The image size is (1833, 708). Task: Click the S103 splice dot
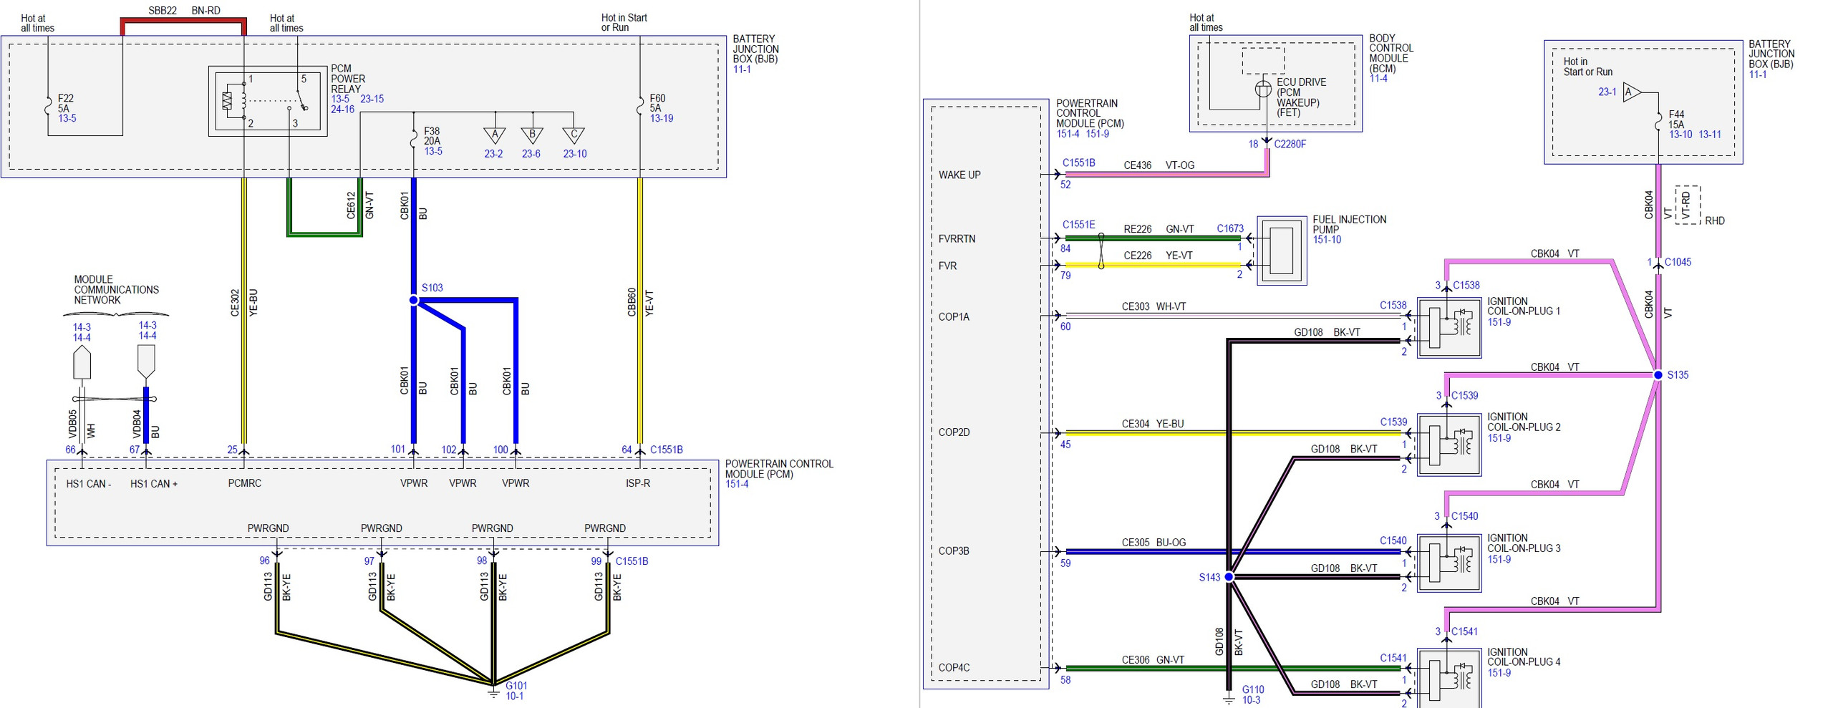(x=413, y=300)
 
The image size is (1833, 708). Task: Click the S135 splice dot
(x=1658, y=374)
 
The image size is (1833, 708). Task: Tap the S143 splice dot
(x=1229, y=576)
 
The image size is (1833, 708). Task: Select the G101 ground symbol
(x=493, y=691)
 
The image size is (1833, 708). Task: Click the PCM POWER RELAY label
(x=348, y=79)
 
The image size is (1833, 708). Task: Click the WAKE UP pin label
(x=959, y=175)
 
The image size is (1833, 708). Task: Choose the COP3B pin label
(x=954, y=551)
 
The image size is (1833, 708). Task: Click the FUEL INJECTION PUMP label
(x=1349, y=224)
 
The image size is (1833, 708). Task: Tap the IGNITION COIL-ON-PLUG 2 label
(x=1524, y=422)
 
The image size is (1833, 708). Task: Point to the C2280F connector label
(x=1290, y=144)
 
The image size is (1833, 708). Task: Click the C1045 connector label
(x=1678, y=262)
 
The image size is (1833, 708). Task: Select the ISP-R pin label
(x=638, y=483)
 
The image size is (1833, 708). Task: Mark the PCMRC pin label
(x=244, y=483)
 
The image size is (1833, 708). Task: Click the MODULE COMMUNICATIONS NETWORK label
(x=116, y=289)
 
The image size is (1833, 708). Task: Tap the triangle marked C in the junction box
(x=574, y=135)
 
